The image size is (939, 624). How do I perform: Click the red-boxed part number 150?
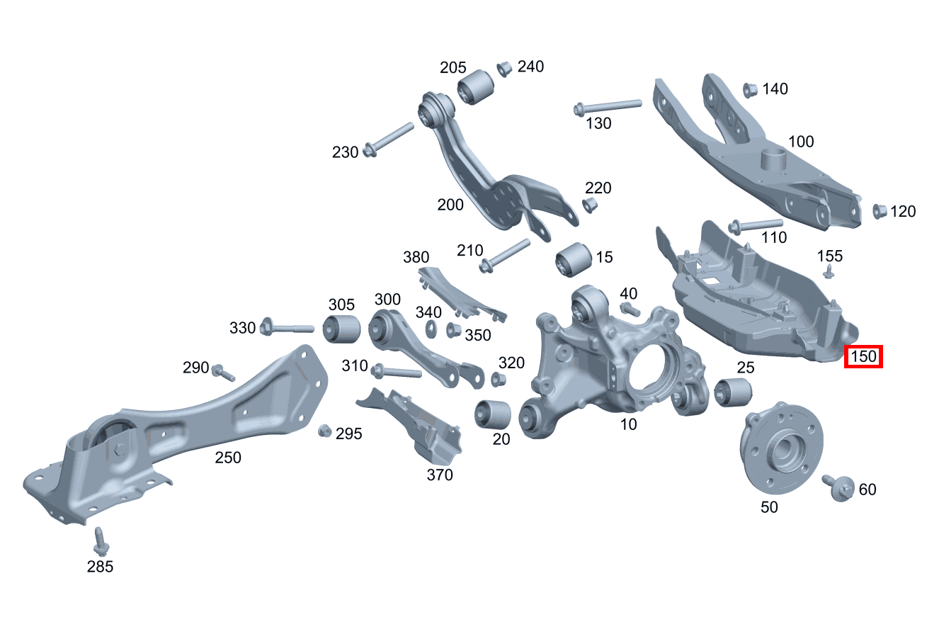click(863, 356)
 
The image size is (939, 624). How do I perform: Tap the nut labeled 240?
click(505, 69)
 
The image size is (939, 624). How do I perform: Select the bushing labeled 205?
click(475, 87)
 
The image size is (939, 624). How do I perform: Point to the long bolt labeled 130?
click(608, 106)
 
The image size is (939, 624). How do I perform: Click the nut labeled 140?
click(750, 90)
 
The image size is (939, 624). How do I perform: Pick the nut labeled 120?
click(880, 211)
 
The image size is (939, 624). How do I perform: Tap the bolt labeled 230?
click(388, 140)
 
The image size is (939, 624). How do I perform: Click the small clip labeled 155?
click(829, 271)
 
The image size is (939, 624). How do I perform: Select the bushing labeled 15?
click(573, 259)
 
